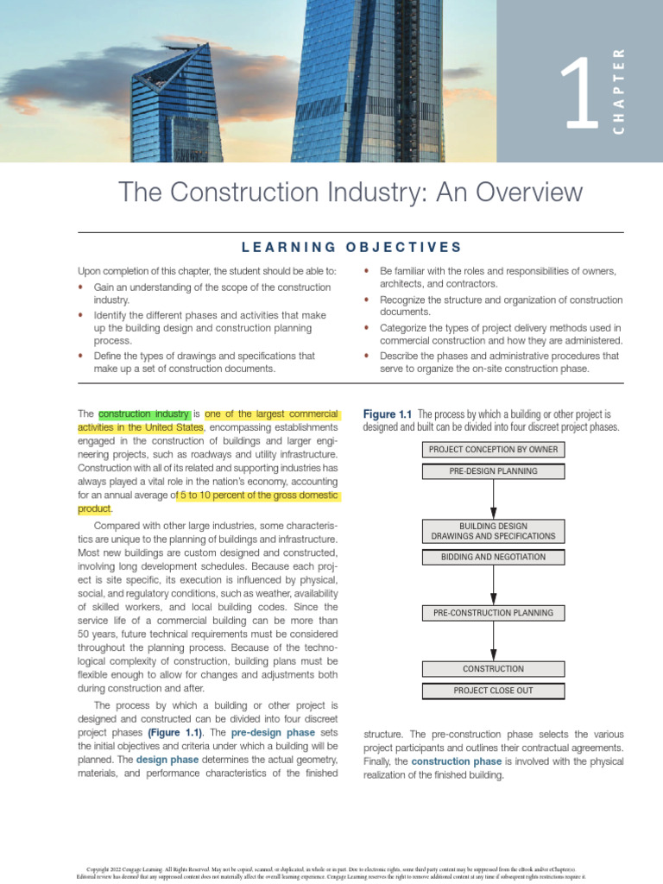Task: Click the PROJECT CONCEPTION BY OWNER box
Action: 493,450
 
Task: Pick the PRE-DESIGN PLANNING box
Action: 493,471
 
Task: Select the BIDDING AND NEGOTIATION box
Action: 493,557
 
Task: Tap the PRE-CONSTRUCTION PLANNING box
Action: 493,613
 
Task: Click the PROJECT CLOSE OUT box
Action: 493,691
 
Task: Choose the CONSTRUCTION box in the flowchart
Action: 493,669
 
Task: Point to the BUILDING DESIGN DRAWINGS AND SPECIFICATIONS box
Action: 493,531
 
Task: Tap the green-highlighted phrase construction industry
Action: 144,414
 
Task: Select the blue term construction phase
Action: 456,761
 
